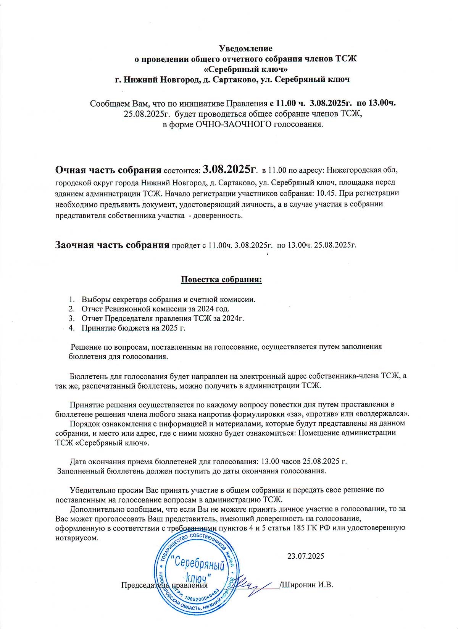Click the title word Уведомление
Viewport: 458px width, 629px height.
245,49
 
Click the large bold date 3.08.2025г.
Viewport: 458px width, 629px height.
230,169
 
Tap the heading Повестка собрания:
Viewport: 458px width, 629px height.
221,279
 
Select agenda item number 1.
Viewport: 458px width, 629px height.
168,299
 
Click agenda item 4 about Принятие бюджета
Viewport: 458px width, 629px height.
133,327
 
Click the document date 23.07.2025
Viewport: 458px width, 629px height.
305,556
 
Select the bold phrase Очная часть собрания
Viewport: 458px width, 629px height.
108,170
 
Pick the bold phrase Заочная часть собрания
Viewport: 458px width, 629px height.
112,245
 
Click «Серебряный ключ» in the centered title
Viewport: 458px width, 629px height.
245,69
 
